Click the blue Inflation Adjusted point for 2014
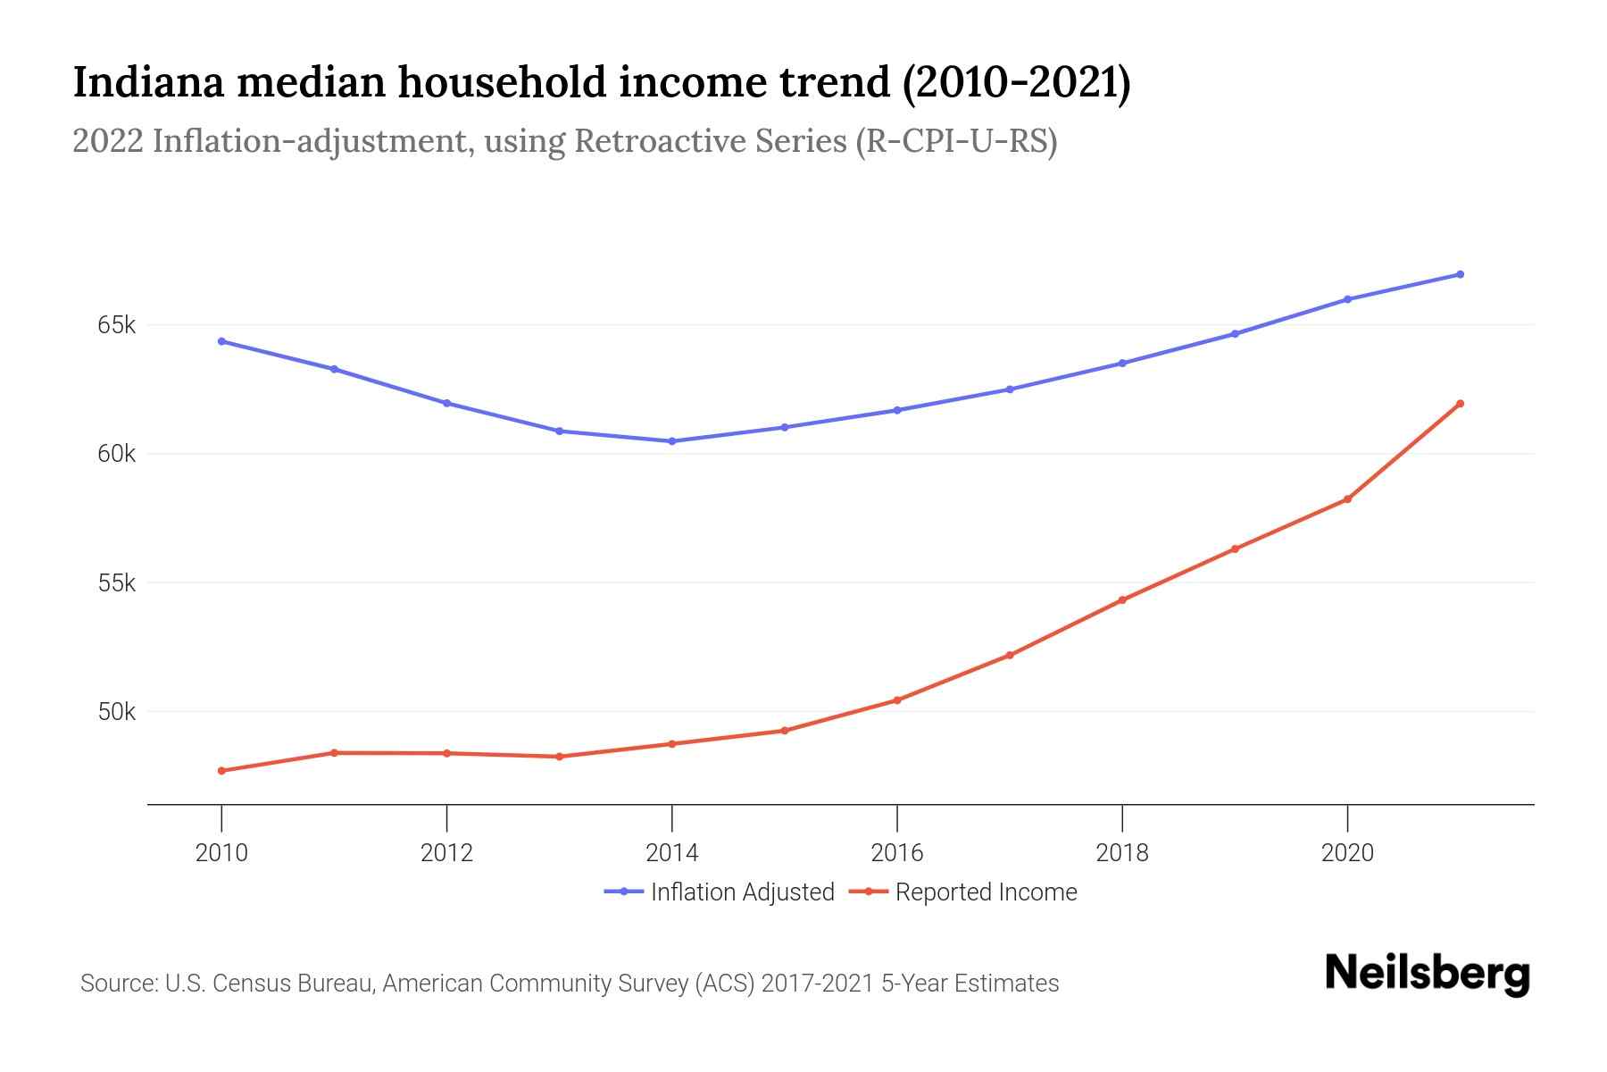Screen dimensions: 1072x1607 [671, 441]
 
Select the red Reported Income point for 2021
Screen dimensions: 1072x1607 [1460, 404]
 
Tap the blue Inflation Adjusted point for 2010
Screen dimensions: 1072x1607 [221, 341]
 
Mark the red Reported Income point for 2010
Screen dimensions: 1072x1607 [221, 771]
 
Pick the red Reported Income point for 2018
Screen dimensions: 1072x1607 [1122, 600]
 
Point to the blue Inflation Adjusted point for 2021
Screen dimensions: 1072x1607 [1460, 274]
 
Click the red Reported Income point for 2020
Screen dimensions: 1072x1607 [1347, 499]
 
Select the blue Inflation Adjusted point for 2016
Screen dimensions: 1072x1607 [897, 410]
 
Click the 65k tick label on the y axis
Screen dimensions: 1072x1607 [116, 325]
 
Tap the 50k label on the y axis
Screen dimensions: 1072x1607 [116, 712]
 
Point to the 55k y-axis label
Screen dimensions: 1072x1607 [116, 583]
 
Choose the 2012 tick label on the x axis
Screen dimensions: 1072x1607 [446, 852]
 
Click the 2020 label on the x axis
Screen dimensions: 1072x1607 [1347, 852]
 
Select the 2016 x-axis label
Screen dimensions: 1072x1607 [897, 852]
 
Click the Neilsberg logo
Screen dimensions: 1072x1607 [1427, 974]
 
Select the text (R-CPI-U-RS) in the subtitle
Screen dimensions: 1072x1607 [956, 141]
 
